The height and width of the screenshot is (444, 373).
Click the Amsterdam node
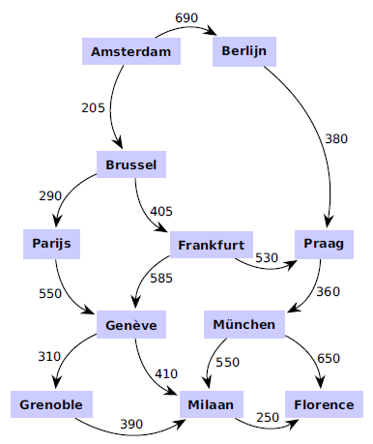click(130, 51)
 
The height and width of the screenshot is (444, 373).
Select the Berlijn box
click(244, 50)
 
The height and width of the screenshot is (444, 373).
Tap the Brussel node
click(131, 165)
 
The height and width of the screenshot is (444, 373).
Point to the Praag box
click(323, 244)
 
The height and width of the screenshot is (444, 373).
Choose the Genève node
click(132, 324)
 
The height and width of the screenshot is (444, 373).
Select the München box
click(245, 324)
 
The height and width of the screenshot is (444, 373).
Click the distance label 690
click(187, 18)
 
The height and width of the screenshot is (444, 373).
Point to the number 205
click(93, 107)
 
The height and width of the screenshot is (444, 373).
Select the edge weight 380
click(335, 138)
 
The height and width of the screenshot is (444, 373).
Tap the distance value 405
click(162, 209)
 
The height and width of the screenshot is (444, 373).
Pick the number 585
click(162, 280)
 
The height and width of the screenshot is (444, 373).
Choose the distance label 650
click(329, 359)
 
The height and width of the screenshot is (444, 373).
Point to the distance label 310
click(49, 357)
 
